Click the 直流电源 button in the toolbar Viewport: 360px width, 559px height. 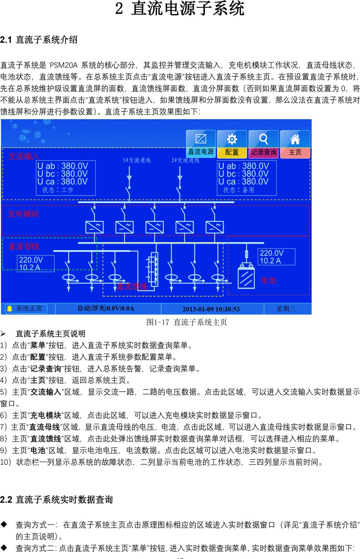201,144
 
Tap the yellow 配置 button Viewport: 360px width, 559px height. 232,144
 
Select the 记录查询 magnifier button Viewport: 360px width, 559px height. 264,144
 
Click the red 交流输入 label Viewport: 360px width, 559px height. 24,156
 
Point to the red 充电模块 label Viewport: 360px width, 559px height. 23,214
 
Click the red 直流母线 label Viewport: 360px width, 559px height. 24,246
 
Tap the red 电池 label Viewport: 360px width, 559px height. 269,280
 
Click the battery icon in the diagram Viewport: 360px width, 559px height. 246,276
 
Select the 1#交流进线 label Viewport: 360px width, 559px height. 137,160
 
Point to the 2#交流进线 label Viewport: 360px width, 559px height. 185,160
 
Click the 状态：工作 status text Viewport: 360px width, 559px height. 58,190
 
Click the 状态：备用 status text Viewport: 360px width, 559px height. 238,190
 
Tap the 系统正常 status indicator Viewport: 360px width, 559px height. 26,308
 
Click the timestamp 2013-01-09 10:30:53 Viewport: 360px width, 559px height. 211,309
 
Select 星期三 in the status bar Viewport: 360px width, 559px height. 286,309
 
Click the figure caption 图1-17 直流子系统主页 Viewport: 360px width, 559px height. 186,322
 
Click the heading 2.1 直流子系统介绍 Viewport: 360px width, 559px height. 39,40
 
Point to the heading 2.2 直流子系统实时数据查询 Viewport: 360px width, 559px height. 57,500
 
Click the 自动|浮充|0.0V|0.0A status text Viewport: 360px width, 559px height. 106,308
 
